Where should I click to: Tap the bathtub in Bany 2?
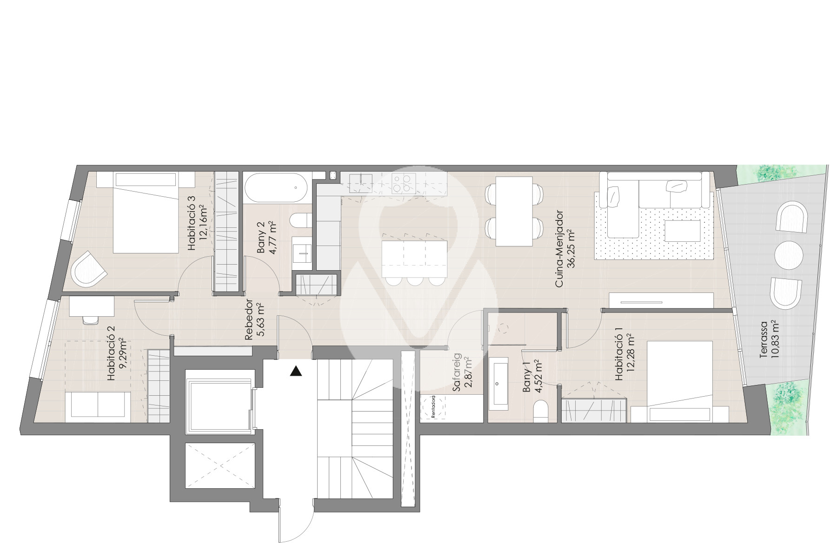point(275,188)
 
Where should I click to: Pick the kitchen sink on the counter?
point(360,183)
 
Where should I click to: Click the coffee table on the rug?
point(683,231)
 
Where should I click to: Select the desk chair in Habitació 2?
point(91,320)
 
